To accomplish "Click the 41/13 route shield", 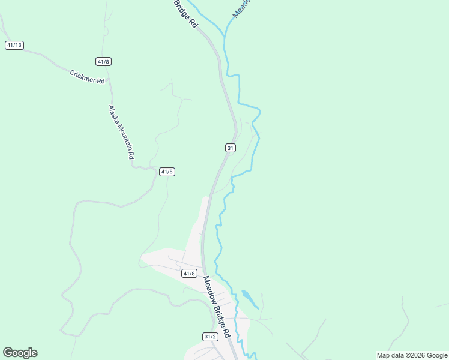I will point(14,45).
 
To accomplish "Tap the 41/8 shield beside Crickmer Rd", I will point(103,61).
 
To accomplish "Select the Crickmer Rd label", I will point(87,77).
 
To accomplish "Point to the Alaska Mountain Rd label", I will point(121,132).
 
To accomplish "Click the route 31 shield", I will point(231,148).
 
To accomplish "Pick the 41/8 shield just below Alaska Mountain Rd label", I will point(167,172).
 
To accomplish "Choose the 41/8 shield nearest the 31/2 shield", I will point(189,274).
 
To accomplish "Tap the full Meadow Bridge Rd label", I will point(217,306).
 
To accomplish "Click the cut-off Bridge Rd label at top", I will point(186,13).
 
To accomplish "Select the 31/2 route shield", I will point(209,337).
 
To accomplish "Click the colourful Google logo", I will point(20,353).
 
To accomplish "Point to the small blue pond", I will point(249,298).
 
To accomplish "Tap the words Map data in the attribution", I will point(390,355).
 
